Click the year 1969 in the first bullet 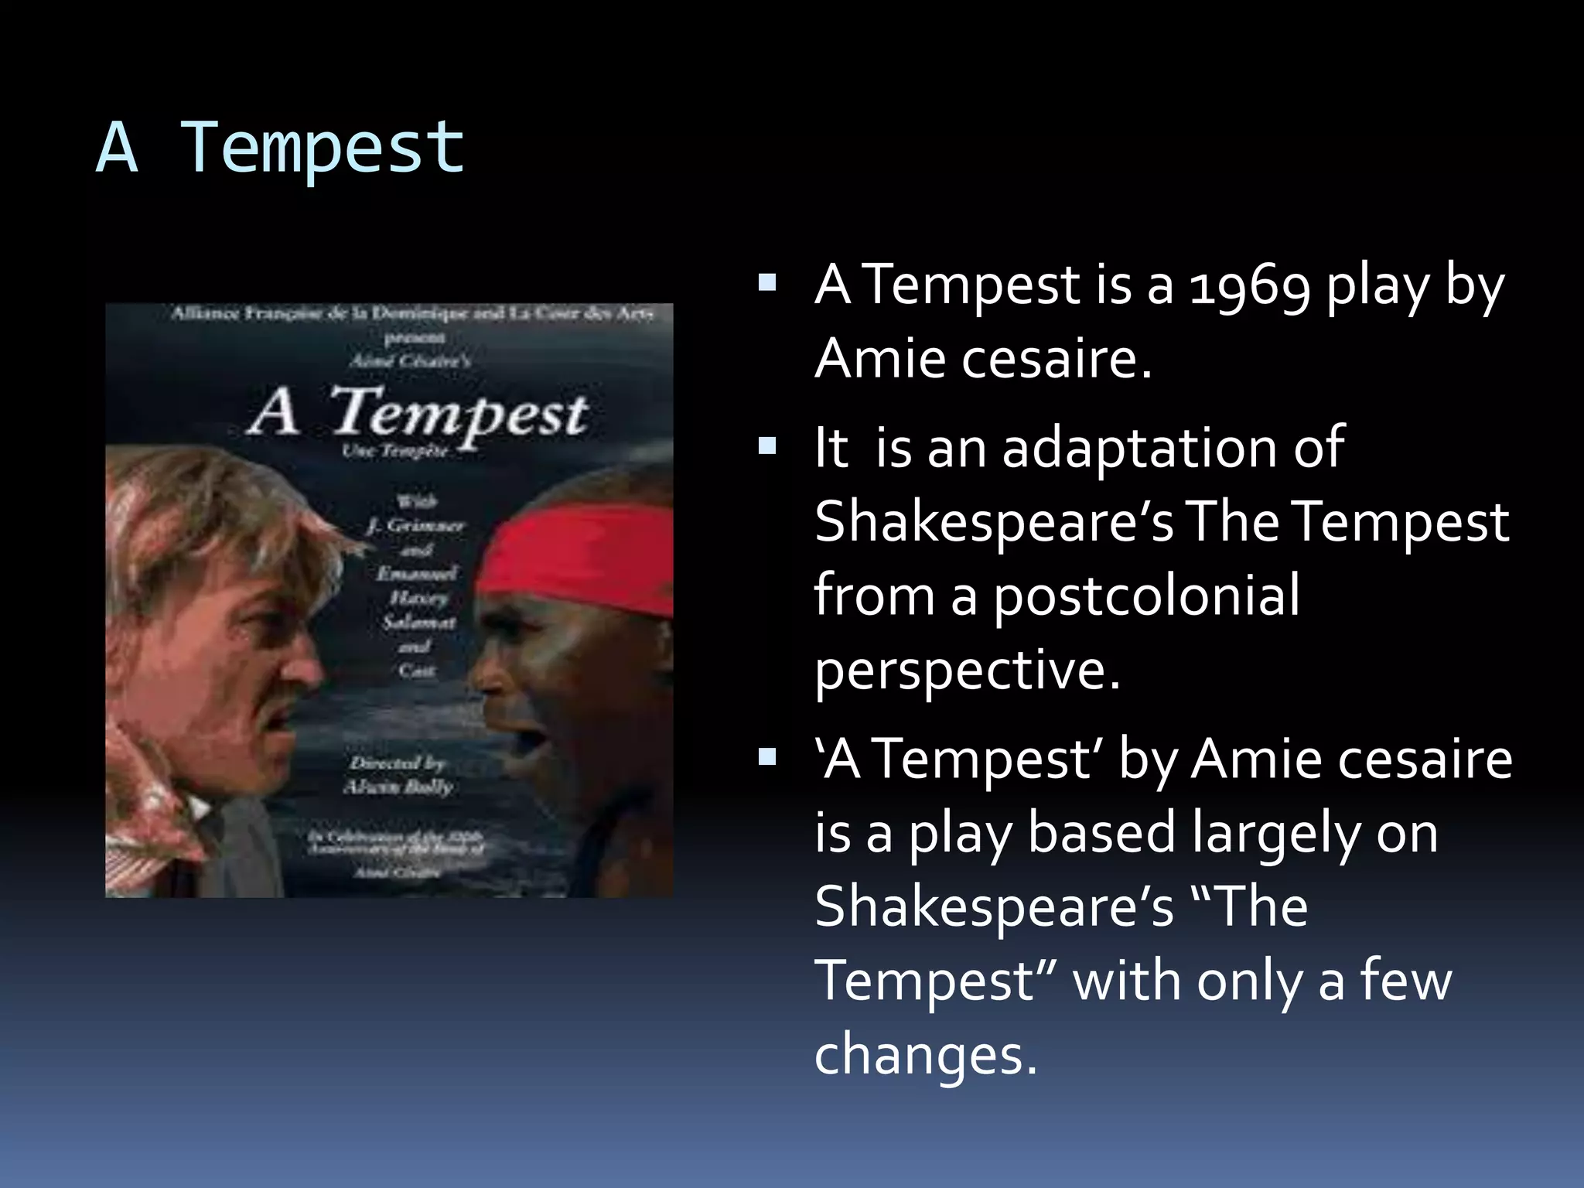click(x=1249, y=286)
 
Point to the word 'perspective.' click(x=967, y=669)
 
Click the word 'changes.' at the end click(x=925, y=1054)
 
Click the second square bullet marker click(x=767, y=445)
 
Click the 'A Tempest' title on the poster click(x=418, y=414)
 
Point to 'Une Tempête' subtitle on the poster click(x=395, y=451)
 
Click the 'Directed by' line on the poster click(x=398, y=763)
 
